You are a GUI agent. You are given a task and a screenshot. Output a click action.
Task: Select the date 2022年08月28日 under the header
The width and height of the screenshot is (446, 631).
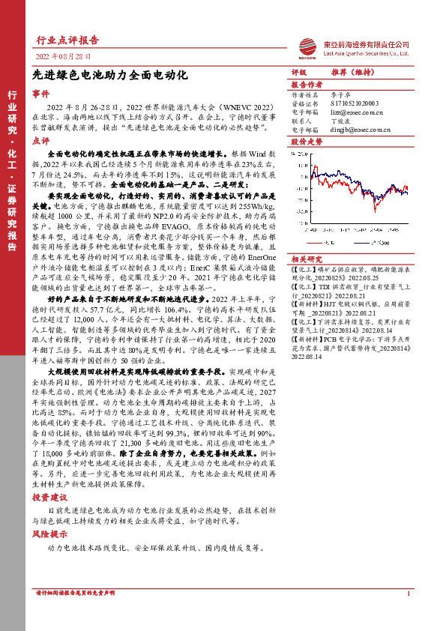pos(63,57)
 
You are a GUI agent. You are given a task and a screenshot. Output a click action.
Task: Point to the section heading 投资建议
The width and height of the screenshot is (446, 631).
pos(49,498)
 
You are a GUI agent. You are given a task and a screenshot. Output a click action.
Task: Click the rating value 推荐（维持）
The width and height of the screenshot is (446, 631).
pos(352,73)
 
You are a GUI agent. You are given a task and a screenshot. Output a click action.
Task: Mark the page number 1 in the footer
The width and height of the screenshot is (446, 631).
pos(407,614)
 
